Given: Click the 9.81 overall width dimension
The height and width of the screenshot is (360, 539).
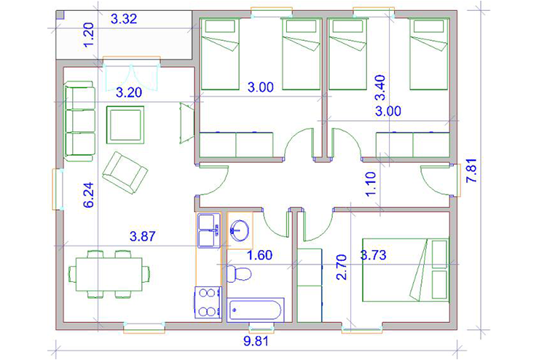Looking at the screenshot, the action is pos(256,341).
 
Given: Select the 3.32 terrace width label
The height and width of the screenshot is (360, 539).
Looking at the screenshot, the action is pos(124,19).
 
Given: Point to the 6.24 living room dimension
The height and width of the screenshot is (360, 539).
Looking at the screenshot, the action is pos(89,195).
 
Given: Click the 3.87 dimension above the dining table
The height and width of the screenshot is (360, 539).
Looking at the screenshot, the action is pos(142,236).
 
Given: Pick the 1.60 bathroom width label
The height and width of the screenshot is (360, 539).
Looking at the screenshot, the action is pos(260,255).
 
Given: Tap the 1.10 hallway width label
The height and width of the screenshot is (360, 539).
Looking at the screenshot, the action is pos(371,184).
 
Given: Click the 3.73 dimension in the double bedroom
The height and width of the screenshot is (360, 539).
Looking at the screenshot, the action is pos(374,255).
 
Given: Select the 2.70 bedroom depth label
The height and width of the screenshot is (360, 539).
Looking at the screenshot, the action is pos(342,267).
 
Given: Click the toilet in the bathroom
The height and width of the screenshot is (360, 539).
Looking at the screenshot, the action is pos(239,274).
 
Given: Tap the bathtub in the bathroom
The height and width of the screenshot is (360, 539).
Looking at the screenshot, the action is pos(255,310).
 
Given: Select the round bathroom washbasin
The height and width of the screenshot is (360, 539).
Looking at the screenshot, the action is pos(240,230).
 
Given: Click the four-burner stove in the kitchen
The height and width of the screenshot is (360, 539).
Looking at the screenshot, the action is pos(208,302).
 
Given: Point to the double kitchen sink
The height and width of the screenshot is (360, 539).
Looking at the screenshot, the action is pos(209,230).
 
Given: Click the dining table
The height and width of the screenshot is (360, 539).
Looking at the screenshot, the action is pos(109,275).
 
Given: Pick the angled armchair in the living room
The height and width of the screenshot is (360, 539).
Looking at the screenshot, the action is pos(125,173).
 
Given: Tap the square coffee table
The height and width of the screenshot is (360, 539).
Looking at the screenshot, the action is pos(125,125).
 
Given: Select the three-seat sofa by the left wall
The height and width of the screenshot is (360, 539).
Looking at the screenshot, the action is pos(79,121).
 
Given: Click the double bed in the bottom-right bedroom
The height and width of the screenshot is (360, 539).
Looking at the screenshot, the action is pos(406,270).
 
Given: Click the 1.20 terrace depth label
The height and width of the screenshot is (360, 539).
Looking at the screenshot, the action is pos(88,36).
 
